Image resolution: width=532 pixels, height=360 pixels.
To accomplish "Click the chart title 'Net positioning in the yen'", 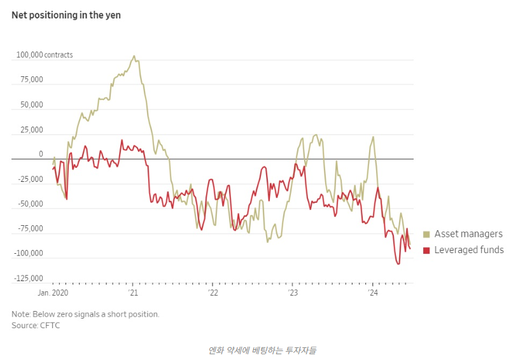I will (x=66, y=15).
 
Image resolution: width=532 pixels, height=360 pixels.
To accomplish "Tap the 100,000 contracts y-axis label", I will (x=45, y=55).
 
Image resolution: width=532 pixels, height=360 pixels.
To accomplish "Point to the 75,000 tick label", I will (x=31, y=80).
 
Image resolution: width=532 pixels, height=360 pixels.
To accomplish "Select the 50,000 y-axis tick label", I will (x=31, y=105).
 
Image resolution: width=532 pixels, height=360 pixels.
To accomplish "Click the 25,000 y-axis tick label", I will (x=31, y=130).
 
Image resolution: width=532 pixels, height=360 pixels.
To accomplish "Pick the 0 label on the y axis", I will (x=41, y=155).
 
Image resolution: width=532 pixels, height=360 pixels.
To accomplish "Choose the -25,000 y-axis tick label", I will (x=30, y=179).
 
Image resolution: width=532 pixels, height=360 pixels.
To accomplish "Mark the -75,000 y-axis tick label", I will (x=30, y=229).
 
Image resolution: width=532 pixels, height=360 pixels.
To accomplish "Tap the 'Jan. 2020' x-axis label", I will (x=53, y=293).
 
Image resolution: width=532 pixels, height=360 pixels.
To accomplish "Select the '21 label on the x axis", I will (x=133, y=293).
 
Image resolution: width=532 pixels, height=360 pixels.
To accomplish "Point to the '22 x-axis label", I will (x=213, y=293).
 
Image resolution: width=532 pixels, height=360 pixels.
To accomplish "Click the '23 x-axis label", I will (x=293, y=293).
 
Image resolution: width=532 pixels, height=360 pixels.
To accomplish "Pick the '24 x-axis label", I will (x=374, y=293).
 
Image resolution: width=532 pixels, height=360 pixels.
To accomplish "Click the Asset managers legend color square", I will (x=426, y=235).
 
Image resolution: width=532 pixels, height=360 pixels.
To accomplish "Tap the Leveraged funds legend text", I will (x=469, y=251).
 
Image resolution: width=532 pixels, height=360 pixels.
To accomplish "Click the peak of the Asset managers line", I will (x=134, y=56).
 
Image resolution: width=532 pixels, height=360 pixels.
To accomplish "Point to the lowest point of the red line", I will (x=398, y=263).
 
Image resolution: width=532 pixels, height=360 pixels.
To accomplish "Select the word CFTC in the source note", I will (x=50, y=326).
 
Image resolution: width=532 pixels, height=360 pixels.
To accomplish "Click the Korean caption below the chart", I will (x=265, y=350).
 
